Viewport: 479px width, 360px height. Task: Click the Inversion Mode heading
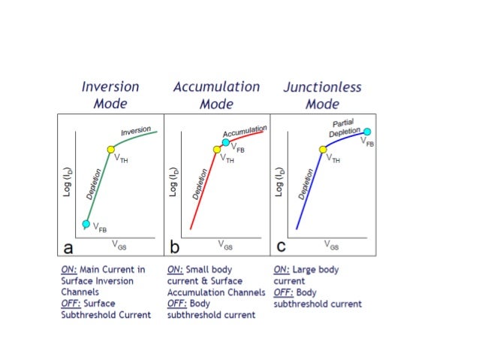[110, 95]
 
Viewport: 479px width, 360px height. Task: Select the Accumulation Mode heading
[216, 95]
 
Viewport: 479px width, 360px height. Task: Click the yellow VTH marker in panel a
[110, 150]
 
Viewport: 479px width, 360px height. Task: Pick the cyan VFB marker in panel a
[86, 223]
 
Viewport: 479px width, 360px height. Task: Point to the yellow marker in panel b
[216, 150]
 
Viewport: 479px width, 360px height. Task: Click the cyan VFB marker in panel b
[226, 142]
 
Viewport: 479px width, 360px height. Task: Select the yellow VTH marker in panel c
[323, 150]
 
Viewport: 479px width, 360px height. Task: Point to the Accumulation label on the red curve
[244, 135]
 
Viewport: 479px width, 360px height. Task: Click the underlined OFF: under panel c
[284, 293]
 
